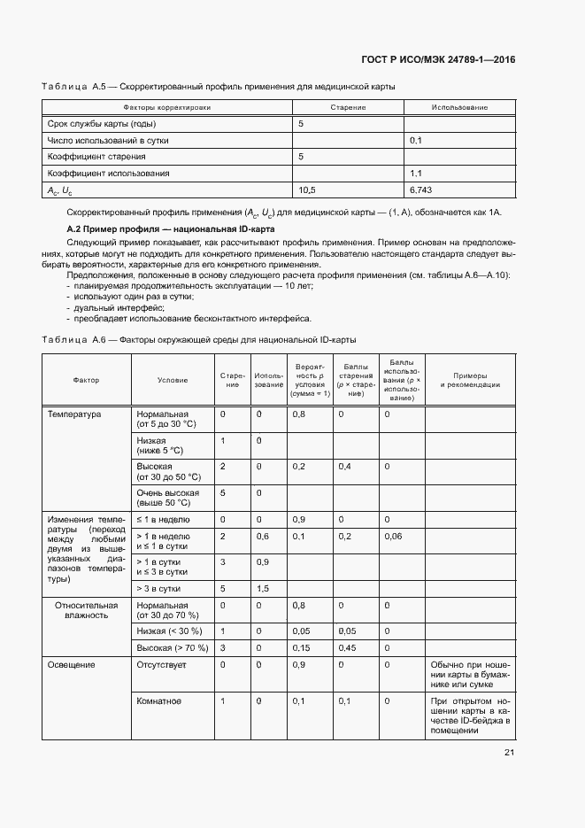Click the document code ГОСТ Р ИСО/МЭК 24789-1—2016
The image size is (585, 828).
click(439, 60)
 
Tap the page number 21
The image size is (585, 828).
click(509, 753)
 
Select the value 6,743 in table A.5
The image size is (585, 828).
click(421, 190)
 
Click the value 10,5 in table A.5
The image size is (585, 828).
click(307, 190)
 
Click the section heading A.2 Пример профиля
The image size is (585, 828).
click(171, 229)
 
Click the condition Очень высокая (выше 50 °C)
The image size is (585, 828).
click(168, 498)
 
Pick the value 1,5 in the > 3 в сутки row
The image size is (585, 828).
click(262, 588)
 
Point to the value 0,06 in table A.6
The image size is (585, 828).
click(393, 537)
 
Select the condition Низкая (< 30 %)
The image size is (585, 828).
click(169, 631)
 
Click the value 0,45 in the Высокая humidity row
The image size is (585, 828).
click(346, 647)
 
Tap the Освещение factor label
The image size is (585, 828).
click(72, 664)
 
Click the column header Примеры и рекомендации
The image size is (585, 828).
click(470, 380)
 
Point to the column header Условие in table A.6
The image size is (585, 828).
click(172, 380)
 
